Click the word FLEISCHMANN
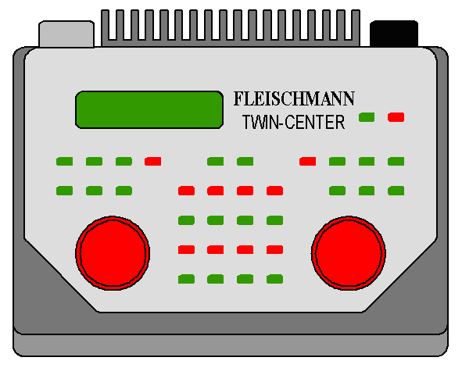pos(294,98)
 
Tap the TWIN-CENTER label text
pos(293,122)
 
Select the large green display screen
pos(149,110)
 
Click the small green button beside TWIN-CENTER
pos(367,117)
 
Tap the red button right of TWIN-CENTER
pos(396,117)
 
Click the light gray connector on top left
pos(66,34)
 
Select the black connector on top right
pos(394,34)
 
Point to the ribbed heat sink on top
pos(231,28)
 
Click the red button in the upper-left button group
pos(153,161)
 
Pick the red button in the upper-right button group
pos(307,161)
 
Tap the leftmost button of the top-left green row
pos(65,161)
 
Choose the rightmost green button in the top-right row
pos(396,161)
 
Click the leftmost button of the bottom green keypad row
pos(187,279)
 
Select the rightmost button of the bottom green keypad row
pos(275,279)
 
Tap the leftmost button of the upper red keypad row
pos(187,191)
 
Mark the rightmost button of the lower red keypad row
pos(275,250)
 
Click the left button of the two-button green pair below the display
pos(216,161)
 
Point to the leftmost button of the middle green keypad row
pos(187,220)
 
